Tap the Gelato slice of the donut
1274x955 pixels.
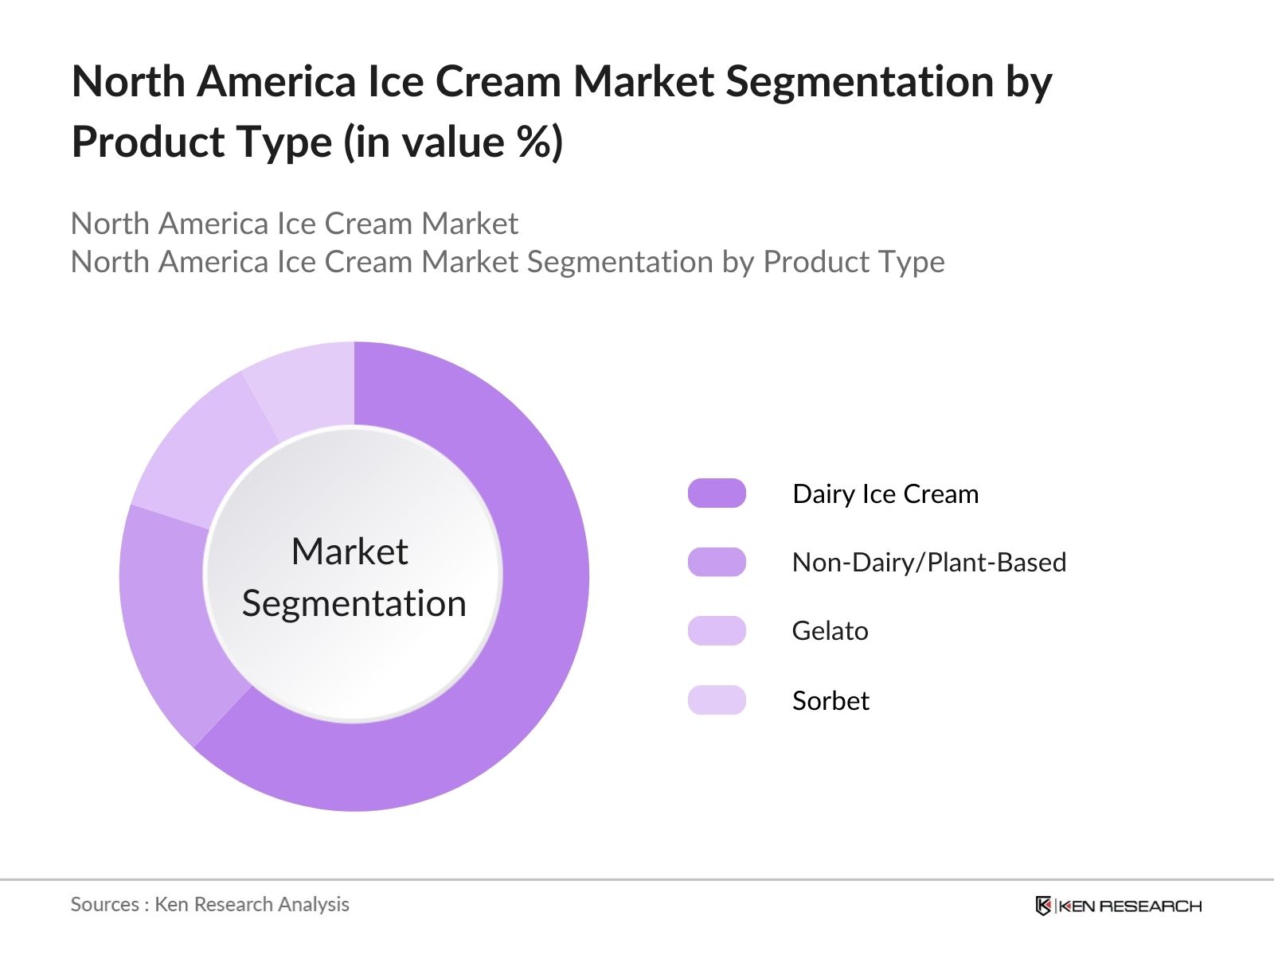pyautogui.click(x=199, y=454)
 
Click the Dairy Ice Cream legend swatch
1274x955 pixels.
pyautogui.click(x=717, y=493)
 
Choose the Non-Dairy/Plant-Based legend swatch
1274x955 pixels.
pyautogui.click(x=717, y=562)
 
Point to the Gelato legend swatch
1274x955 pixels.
pyautogui.click(x=717, y=630)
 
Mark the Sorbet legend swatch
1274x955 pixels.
pyautogui.click(x=717, y=700)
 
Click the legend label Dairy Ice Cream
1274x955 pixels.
pyautogui.click(x=885, y=494)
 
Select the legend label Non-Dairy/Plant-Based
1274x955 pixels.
pyautogui.click(x=928, y=563)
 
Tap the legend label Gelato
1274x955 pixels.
pyautogui.click(x=830, y=631)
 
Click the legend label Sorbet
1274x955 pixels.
pyautogui.click(x=830, y=701)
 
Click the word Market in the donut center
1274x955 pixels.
pyautogui.click(x=350, y=552)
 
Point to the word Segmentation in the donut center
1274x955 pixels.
pyautogui.click(x=354, y=603)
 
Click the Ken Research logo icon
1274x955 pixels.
pyautogui.click(x=1043, y=906)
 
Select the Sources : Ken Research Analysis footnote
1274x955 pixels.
pyautogui.click(x=209, y=904)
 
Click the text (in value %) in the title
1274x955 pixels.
pyautogui.click(x=453, y=142)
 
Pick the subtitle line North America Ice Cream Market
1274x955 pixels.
pyautogui.click(x=294, y=224)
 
